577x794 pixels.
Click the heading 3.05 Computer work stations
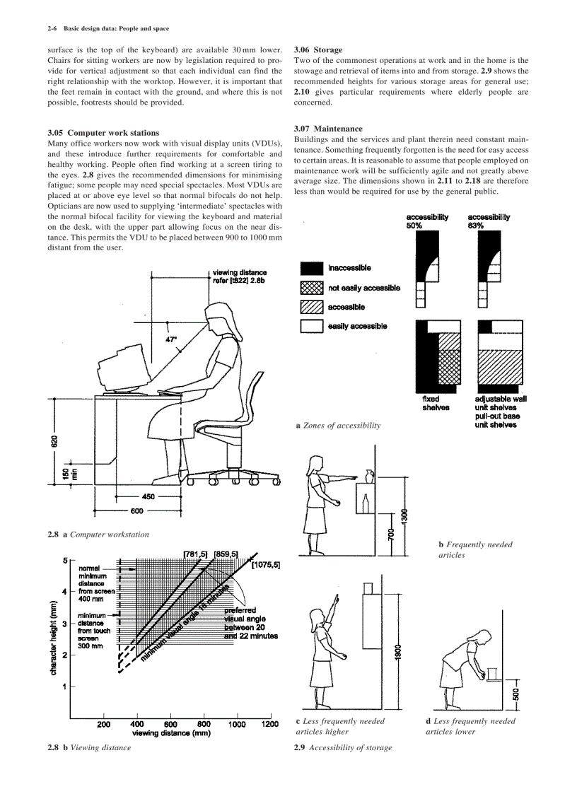click(x=103, y=132)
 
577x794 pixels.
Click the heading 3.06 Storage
click(x=318, y=50)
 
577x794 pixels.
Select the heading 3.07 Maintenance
click(x=328, y=129)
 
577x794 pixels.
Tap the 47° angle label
click(x=171, y=340)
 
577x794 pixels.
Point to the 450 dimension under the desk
click(x=148, y=497)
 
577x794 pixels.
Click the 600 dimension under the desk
click(x=137, y=510)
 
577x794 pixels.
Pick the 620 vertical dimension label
click(x=54, y=441)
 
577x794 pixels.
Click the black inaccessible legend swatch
click(x=311, y=269)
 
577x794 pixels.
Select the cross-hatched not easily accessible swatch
click(x=311, y=288)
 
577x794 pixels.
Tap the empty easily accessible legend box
click(x=311, y=326)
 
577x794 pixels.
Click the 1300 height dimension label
click(x=404, y=517)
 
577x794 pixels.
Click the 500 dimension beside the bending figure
click(x=515, y=694)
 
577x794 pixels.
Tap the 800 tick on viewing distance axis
click(x=204, y=724)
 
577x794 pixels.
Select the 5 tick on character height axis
click(x=64, y=561)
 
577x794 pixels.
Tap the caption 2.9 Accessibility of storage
click(x=342, y=747)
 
